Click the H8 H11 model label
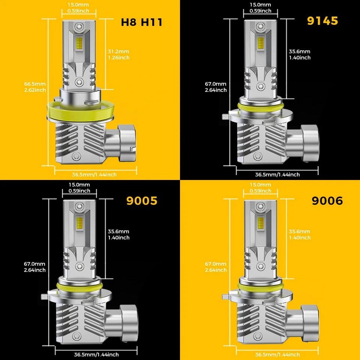pyautogui.click(x=141, y=22)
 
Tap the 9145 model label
pyautogui.click(x=322, y=21)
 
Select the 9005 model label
pyautogui.click(x=141, y=201)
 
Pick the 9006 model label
pyautogui.click(x=327, y=201)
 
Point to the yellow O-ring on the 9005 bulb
pyautogui.click(x=79, y=286)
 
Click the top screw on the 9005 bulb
pyautogui.click(x=79, y=206)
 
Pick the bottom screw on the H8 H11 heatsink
pyautogui.click(x=76, y=156)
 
